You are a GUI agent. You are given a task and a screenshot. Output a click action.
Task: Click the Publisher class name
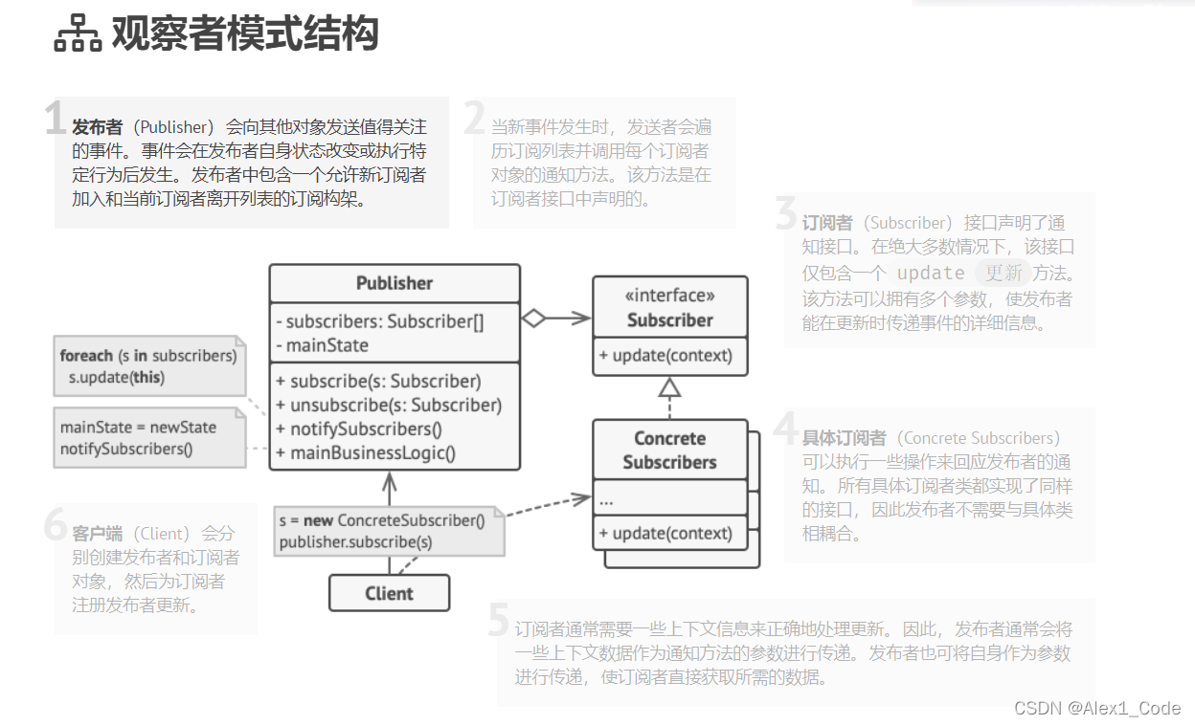[394, 283]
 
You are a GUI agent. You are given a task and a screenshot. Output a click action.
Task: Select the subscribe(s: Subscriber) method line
[378, 381]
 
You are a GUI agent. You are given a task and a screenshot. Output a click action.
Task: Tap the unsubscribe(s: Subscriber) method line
[389, 405]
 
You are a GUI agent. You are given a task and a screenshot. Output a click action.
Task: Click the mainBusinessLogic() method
[366, 453]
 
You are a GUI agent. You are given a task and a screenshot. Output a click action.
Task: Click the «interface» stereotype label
[669, 296]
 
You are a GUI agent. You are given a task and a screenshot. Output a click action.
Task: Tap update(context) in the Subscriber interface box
[665, 356]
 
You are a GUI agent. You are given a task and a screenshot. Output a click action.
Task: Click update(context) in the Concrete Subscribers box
[665, 533]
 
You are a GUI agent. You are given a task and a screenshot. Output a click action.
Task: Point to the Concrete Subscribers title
[669, 451]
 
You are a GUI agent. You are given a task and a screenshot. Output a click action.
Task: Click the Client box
[389, 593]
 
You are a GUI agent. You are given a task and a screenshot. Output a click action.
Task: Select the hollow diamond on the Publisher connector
[532, 319]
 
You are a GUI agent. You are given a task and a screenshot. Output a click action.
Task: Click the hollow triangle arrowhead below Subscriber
[669, 386]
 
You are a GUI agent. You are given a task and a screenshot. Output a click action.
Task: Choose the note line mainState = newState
[138, 428]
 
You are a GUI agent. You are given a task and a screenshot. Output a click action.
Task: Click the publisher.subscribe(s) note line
[355, 542]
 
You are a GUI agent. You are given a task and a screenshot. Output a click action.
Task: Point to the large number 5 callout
[498, 620]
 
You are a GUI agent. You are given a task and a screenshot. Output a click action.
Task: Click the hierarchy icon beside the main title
[78, 34]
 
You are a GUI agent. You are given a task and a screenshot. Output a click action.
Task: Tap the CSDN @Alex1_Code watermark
[1096, 708]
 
